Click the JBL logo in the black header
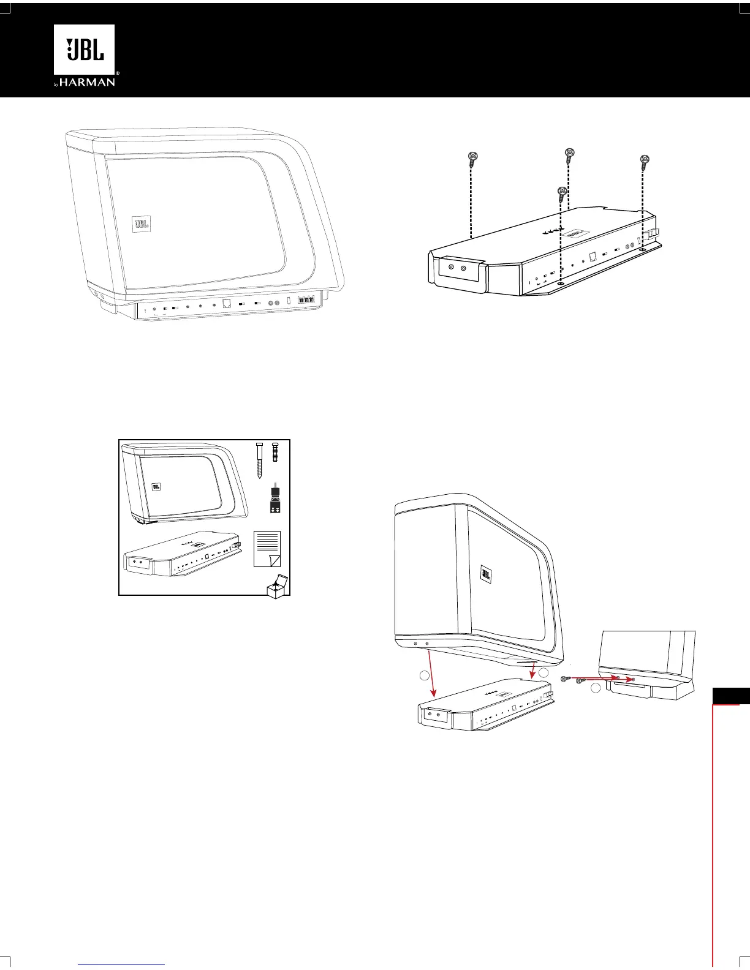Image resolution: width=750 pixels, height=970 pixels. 85,50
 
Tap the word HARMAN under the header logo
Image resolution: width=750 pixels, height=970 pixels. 88,82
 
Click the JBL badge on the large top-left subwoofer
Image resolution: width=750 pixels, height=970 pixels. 141,225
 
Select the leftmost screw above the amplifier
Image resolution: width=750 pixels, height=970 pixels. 472,160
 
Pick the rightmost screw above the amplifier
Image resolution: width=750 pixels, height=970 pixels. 644,162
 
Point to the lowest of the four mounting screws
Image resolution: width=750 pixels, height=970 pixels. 561,194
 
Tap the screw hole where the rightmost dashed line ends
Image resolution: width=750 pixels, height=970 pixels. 642,250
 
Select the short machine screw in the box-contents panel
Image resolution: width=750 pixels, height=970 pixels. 275,453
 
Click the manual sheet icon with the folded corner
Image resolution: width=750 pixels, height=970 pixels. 267,549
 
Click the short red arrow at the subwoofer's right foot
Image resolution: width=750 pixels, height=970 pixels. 534,669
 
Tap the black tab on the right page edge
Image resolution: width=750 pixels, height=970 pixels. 731,696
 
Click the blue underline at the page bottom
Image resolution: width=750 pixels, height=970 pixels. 122,964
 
